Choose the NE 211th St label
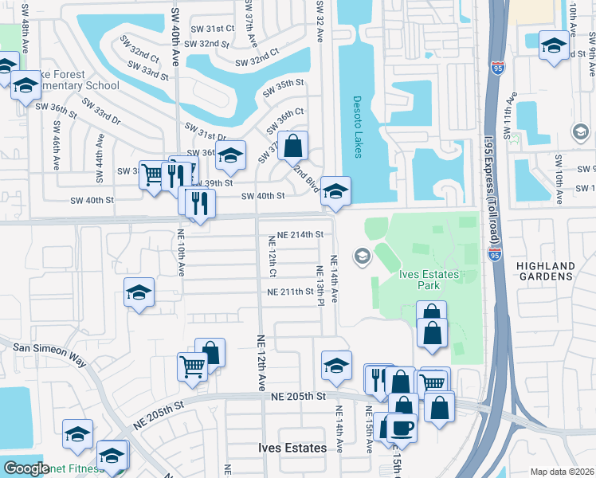point(291,292)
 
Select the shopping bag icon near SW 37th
point(293,145)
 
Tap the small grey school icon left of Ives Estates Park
point(362,256)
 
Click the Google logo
point(26,468)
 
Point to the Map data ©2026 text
point(563,472)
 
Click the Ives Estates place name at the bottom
point(292,448)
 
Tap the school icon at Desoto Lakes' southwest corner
point(335,191)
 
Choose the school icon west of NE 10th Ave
point(139,292)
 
